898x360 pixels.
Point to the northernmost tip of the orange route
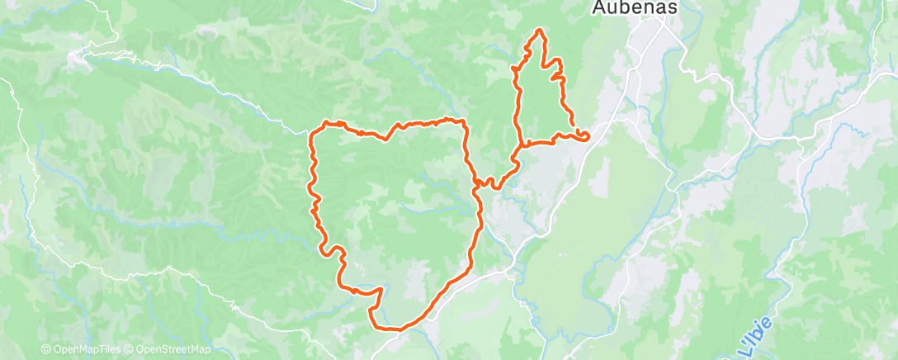pyautogui.click(x=540, y=31)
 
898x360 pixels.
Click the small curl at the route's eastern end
pyautogui.click(x=584, y=135)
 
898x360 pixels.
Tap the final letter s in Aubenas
pyautogui.click(x=673, y=8)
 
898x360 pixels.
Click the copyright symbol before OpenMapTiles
pyautogui.click(x=45, y=349)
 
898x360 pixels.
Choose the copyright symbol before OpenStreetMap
pyautogui.click(x=130, y=349)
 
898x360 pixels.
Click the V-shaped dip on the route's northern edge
pyautogui.click(x=385, y=138)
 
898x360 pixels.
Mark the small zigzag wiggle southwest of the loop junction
pyautogui.click(x=493, y=182)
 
